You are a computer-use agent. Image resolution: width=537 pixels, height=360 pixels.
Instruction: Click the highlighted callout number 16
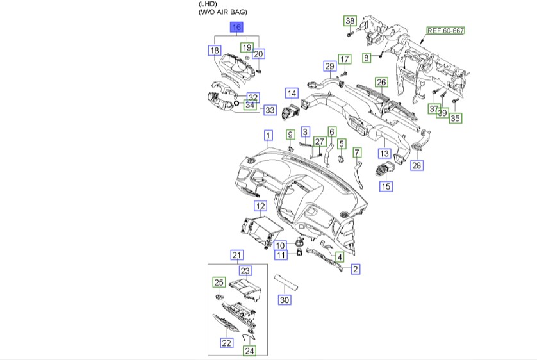click(x=236, y=28)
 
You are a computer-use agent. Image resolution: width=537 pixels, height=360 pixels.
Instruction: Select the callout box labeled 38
click(x=350, y=21)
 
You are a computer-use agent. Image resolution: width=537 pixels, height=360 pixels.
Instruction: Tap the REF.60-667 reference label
click(x=446, y=31)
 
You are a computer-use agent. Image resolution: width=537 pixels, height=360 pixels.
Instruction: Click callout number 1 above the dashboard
click(x=268, y=135)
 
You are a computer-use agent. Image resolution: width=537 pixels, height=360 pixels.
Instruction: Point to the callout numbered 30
click(x=285, y=300)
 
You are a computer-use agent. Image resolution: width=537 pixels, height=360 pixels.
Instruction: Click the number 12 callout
click(x=260, y=206)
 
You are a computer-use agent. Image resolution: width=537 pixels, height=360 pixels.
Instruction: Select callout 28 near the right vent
click(x=417, y=166)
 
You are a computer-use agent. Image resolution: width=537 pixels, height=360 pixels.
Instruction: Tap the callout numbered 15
click(x=386, y=186)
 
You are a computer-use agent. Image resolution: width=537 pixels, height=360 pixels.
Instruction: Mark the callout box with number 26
click(x=381, y=82)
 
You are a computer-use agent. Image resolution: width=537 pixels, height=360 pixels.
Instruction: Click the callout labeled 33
click(x=270, y=110)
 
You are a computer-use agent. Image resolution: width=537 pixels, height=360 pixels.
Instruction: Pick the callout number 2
click(x=354, y=269)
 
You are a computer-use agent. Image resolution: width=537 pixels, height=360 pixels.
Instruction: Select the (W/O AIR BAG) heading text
click(x=223, y=12)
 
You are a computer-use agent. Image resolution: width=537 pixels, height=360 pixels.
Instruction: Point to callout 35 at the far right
click(x=456, y=118)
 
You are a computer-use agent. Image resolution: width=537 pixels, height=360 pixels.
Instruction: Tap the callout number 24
click(x=249, y=351)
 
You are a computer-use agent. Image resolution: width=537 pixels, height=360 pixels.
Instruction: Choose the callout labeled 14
click(x=292, y=93)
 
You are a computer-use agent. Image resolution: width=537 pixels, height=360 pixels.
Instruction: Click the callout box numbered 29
click(x=329, y=67)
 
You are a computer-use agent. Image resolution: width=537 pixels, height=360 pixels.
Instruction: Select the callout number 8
click(x=367, y=58)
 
